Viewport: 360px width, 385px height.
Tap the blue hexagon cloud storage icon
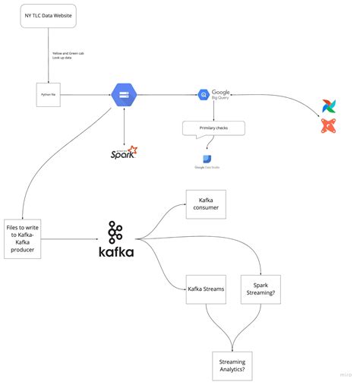(123, 94)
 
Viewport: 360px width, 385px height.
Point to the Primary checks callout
(213, 128)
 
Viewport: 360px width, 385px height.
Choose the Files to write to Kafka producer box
(24, 238)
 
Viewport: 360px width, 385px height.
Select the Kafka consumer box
(206, 204)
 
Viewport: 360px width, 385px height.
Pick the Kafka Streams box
(206, 289)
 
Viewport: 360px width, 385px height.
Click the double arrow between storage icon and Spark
(123, 123)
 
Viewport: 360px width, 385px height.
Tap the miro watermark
(346, 374)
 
